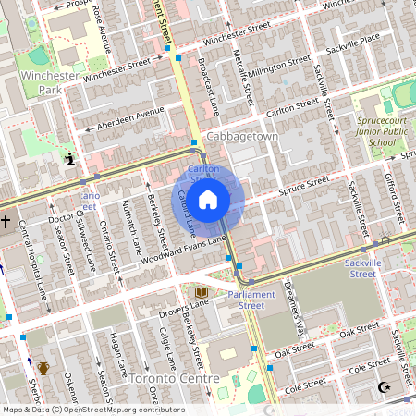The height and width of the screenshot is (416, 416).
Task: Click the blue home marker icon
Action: point(208,198)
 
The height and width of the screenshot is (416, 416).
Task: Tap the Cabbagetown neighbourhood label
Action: point(242,136)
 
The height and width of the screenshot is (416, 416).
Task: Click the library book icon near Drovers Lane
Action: point(201,293)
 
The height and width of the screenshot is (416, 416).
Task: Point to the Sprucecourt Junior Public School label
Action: point(385,131)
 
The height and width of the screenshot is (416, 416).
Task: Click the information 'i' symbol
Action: point(70,159)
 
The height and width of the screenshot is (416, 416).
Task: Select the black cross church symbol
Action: point(6,222)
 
